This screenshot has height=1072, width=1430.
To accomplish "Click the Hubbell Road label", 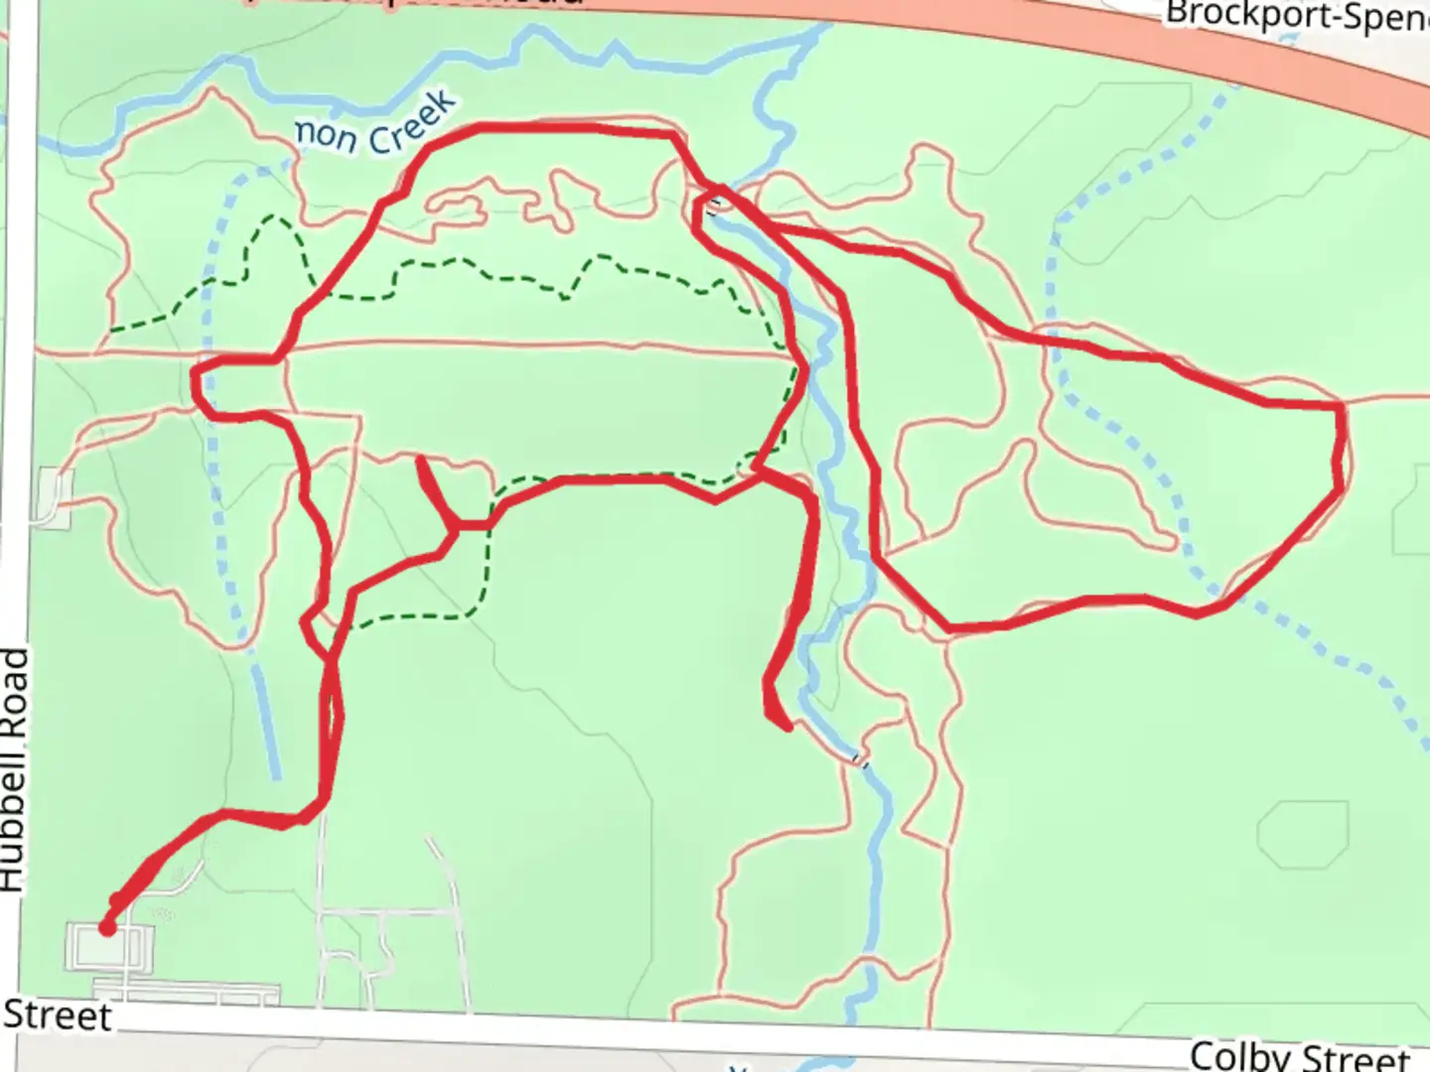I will (x=14, y=769).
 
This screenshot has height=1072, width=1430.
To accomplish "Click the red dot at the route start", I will (x=106, y=928).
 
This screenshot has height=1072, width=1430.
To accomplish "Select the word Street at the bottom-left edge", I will (x=57, y=1015).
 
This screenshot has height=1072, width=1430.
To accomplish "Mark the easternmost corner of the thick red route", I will (x=1342, y=407).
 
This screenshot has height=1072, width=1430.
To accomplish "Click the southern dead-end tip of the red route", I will (x=786, y=728).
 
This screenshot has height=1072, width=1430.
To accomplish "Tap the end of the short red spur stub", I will (x=421, y=461).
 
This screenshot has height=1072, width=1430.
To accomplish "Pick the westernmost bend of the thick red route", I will (x=195, y=375).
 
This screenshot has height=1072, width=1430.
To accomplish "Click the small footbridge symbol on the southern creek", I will (x=860, y=761).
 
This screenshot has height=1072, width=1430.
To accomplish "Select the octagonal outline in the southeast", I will (x=1302, y=835).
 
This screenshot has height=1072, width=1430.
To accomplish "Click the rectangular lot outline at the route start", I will (x=109, y=948).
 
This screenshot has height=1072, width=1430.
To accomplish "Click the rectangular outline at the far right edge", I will (x=1412, y=522).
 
